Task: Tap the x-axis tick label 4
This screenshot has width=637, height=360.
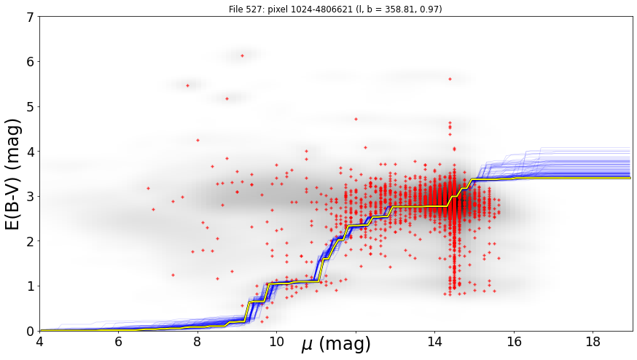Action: point(39,342)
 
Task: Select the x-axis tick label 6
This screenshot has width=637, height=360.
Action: point(119,342)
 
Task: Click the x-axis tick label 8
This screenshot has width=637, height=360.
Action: point(198,342)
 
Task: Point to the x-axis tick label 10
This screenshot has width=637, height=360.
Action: point(277,342)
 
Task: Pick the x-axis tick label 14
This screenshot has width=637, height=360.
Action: point(434,342)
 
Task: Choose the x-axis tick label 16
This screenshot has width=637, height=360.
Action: point(514,342)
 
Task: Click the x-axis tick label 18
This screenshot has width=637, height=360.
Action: point(593,342)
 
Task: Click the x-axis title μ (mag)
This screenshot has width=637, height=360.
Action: point(336,344)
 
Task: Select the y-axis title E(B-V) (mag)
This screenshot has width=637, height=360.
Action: point(13,174)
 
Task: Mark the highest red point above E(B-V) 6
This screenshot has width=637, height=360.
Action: point(242,55)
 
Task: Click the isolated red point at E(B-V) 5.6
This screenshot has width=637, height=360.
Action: point(450,79)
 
